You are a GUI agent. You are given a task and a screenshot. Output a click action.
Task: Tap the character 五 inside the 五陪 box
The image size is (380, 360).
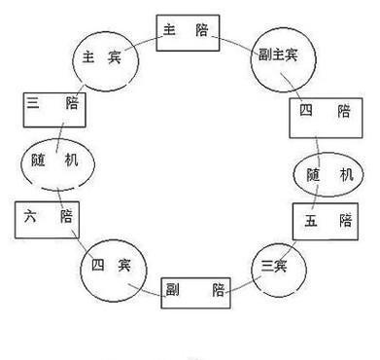click(x=310, y=221)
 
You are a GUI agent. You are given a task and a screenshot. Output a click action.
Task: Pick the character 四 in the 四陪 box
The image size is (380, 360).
click(x=308, y=113)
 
